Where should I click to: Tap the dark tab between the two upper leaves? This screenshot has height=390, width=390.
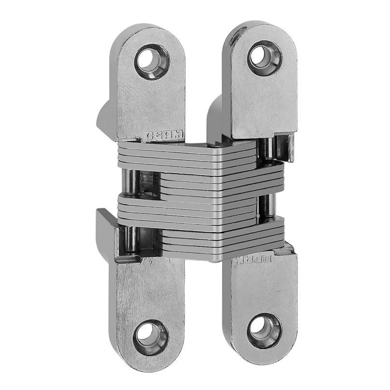point(214,116)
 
